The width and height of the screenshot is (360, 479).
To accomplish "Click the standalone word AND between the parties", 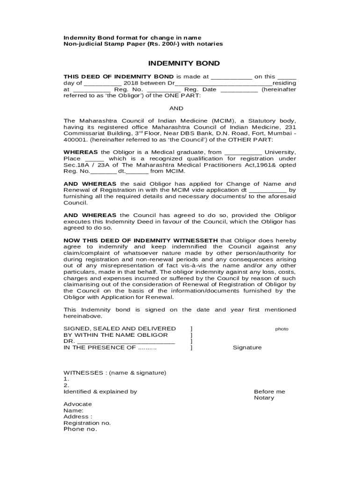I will click(176, 108).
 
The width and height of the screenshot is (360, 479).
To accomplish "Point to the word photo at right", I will click(281, 329).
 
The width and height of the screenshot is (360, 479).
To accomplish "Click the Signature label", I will click(247, 348).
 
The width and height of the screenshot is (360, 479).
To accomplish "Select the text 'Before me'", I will click(269, 392).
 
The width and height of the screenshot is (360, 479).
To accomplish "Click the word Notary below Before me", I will click(264, 398).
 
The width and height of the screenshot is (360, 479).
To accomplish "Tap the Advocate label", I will click(78, 404).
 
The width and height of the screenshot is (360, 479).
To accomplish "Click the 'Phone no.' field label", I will click(80, 429).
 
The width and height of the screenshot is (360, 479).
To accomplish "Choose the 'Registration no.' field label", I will click(87, 423).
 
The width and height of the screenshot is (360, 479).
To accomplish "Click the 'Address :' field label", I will click(78, 416).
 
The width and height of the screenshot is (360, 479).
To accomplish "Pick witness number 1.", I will click(66, 379).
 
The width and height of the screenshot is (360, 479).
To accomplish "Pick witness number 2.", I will click(66, 385).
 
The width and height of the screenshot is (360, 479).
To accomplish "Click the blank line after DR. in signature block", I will click(126, 342).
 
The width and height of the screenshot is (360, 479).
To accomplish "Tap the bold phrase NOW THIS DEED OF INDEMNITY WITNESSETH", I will click(141, 240).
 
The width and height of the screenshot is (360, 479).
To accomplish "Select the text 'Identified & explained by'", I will click(100, 392).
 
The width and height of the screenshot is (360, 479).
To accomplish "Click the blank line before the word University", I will click(243, 152).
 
